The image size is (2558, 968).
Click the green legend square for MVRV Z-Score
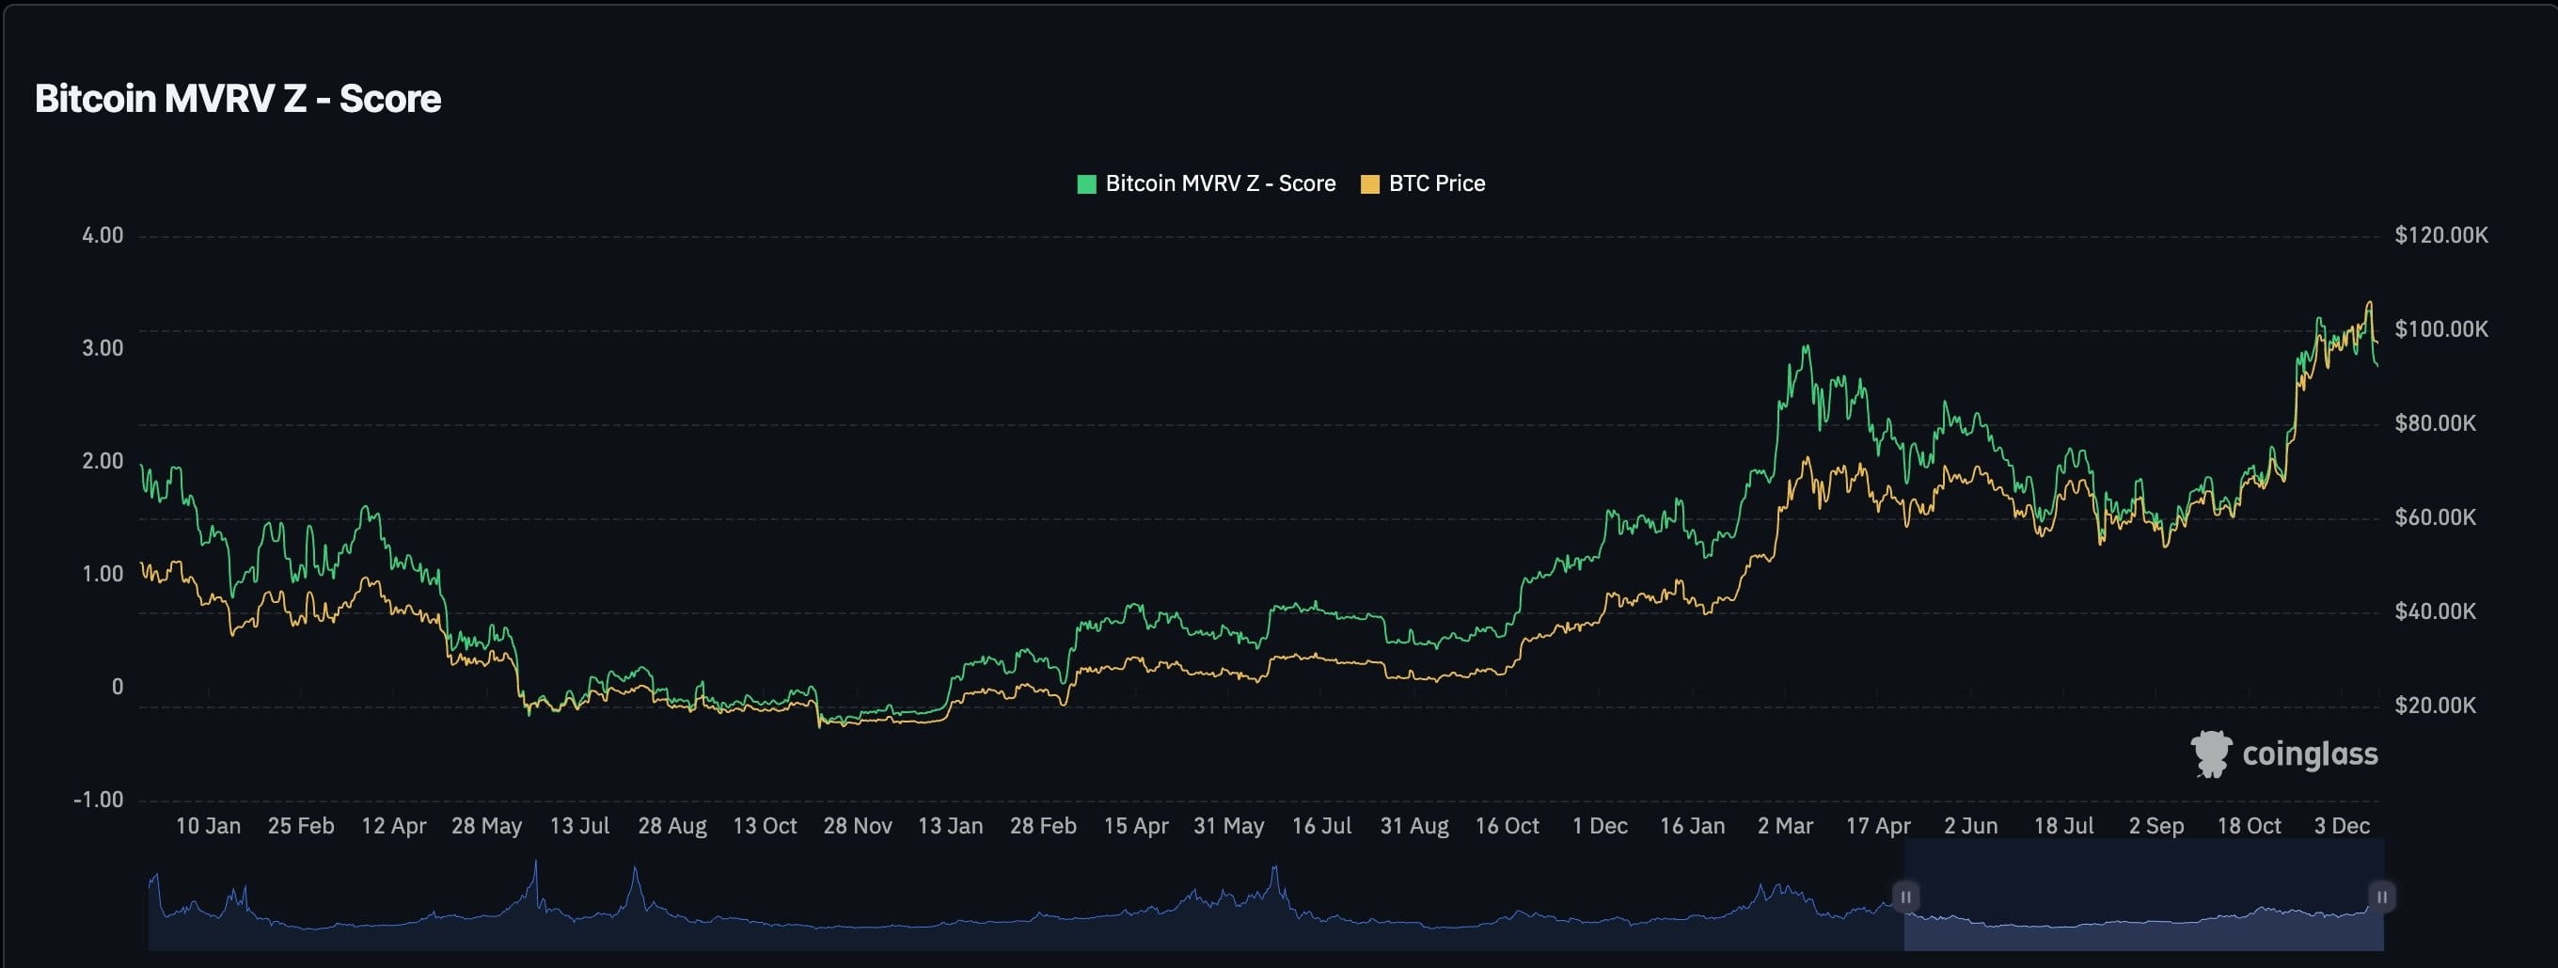(x=1086, y=183)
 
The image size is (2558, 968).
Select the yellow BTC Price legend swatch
(x=1369, y=183)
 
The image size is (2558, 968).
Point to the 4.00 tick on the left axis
(x=103, y=235)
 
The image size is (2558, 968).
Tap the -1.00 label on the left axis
(x=99, y=800)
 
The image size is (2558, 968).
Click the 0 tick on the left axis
(x=118, y=686)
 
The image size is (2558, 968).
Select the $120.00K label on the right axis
(x=2440, y=235)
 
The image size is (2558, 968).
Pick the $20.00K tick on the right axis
(x=2434, y=705)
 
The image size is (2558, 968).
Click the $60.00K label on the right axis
(x=2434, y=517)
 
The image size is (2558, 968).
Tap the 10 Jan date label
(x=208, y=826)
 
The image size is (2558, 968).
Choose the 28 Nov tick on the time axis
(x=857, y=826)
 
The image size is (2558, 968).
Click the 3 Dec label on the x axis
(x=2342, y=826)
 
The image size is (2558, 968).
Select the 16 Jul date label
(x=1320, y=826)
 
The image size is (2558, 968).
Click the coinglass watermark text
(x=2310, y=754)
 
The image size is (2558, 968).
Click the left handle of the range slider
(x=1905, y=897)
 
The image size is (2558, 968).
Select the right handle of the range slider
(x=2381, y=897)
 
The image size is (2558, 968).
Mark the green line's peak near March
(x=1807, y=346)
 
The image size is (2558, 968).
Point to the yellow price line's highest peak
(x=2370, y=303)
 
